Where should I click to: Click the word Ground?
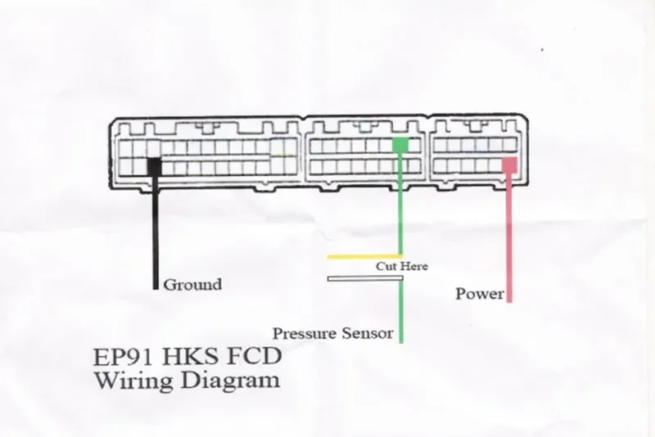point(192,285)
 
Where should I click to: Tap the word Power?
point(480,294)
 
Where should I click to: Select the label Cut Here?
point(402,267)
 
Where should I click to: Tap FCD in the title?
point(254,358)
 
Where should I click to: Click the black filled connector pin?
point(154,165)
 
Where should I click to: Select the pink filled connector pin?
point(509,164)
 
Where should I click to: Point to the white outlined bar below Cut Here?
point(364,278)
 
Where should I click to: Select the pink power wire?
point(509,237)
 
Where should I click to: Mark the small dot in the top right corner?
point(542,49)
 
